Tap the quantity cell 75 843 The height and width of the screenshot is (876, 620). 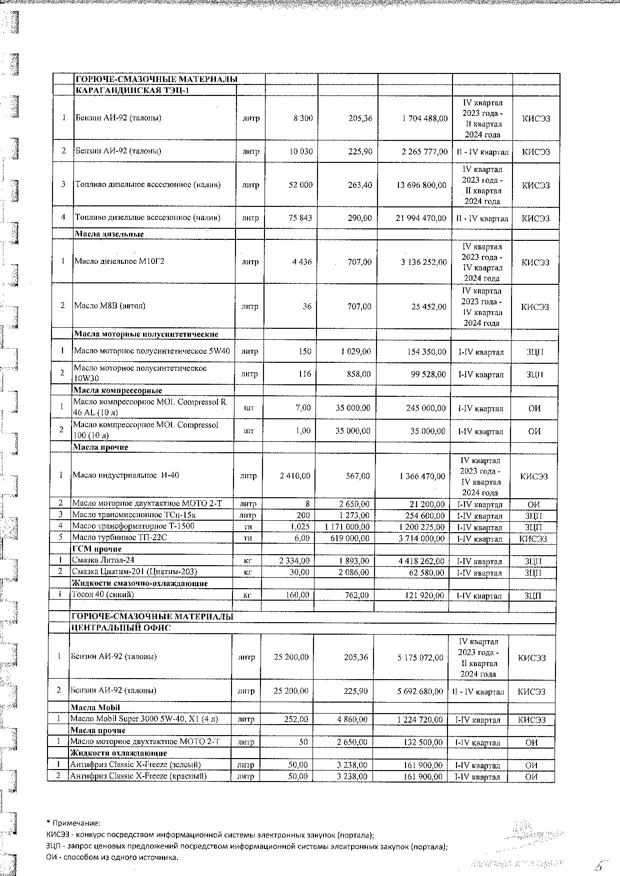300,218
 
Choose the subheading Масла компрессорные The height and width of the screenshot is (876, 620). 117,390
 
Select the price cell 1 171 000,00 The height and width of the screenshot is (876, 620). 347,527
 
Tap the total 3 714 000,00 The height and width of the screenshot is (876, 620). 420,538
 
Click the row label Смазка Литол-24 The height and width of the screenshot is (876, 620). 103,560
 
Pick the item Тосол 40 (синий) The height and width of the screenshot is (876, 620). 103,595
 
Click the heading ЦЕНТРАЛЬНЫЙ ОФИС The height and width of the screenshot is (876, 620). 121,628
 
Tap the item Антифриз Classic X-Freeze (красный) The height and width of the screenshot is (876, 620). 138,776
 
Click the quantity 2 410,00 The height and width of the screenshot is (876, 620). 294,476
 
